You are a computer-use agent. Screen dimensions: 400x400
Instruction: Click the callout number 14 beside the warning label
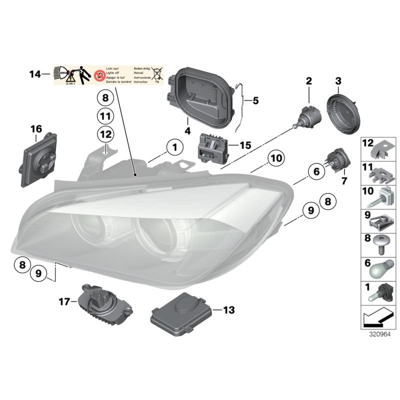coord(34,75)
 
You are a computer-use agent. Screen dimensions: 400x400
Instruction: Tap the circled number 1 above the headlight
coord(174,147)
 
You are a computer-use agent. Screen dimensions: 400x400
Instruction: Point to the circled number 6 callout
coord(315,172)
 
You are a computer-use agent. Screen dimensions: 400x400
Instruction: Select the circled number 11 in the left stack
coord(105,116)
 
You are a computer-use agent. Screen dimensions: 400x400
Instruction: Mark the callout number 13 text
coord(228,310)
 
